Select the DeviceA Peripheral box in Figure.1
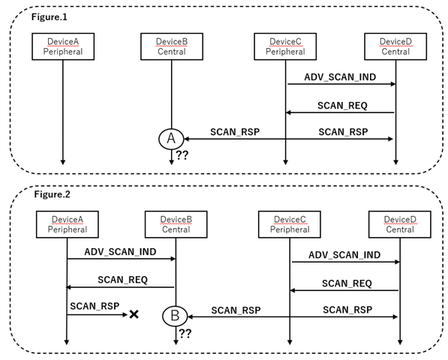pyautogui.click(x=62, y=48)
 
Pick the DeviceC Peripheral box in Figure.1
pyautogui.click(x=285, y=48)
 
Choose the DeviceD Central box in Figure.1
pyautogui.click(x=395, y=48)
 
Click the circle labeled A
pyautogui.click(x=171, y=138)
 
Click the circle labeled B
pyautogui.click(x=174, y=316)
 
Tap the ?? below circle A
pyautogui.click(x=182, y=155)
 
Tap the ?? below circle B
pyautogui.click(x=185, y=333)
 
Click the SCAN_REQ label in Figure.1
pyautogui.click(x=342, y=105)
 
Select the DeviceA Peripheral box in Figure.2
pyautogui.click(x=68, y=223)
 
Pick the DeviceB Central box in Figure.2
pyautogui.click(x=175, y=223)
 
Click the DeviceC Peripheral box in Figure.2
pyautogui.click(x=290, y=223)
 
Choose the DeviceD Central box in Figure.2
pyautogui.click(x=399, y=223)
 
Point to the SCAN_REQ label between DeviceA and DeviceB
pyautogui.click(x=122, y=280)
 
